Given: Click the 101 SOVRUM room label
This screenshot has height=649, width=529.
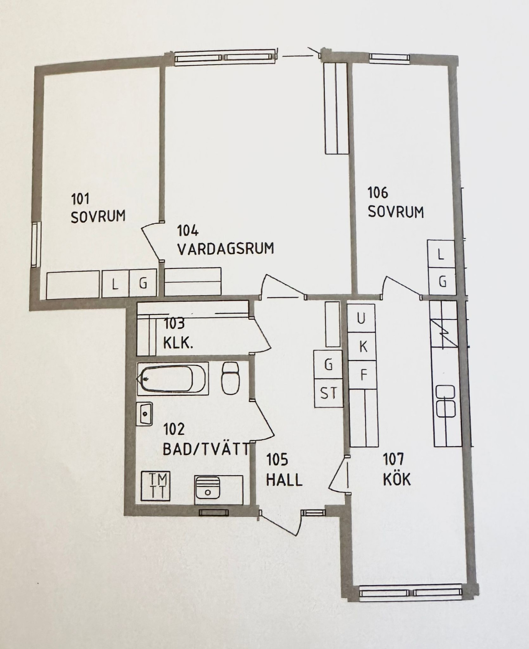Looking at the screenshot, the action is click(x=98, y=208).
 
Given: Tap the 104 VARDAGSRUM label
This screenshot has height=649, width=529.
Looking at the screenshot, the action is click(x=225, y=240).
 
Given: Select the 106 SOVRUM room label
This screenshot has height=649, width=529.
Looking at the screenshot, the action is click(x=395, y=202).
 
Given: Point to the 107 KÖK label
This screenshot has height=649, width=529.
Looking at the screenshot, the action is click(x=397, y=470).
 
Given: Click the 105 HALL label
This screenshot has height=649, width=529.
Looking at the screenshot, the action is click(x=284, y=470).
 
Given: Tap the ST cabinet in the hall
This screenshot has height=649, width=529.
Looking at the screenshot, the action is click(x=329, y=393).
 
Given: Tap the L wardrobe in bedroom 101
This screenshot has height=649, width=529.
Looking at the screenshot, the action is click(x=116, y=284).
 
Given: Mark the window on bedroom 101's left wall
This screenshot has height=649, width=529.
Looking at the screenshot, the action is click(x=35, y=244).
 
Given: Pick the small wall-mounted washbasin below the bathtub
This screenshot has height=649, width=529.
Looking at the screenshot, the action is click(x=145, y=414).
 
